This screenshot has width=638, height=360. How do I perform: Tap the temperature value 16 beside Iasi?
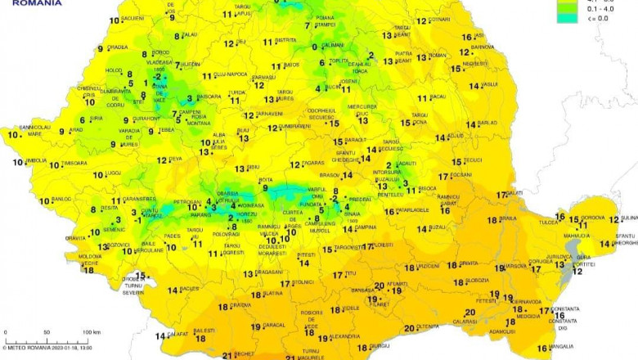[x=466, y=37]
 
